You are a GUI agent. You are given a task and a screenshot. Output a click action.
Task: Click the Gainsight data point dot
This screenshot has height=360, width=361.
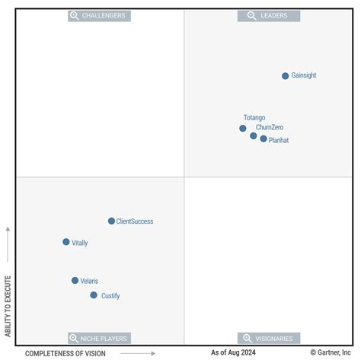click(286, 76)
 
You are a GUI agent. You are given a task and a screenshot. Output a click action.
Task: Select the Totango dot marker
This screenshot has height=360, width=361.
click(243, 128)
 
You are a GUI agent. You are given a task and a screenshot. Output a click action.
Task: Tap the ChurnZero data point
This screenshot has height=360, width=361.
click(254, 135)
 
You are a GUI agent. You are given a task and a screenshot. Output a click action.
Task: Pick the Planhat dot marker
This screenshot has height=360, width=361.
click(264, 139)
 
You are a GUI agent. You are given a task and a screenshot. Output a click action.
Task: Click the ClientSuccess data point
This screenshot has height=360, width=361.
click(111, 221)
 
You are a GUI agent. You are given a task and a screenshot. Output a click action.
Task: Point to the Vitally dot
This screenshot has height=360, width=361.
click(66, 242)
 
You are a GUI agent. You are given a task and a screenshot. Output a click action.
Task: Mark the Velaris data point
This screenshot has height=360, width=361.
click(75, 281)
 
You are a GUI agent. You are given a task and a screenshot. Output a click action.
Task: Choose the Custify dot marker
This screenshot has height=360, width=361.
click(94, 295)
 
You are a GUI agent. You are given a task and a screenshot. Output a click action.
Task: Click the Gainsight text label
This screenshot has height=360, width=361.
click(304, 76)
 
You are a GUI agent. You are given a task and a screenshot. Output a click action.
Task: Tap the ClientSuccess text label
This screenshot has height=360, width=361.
click(135, 221)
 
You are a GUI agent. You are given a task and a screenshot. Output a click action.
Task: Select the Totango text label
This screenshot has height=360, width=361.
click(254, 118)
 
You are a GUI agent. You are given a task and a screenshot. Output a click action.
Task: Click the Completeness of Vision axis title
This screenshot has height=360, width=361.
click(65, 353)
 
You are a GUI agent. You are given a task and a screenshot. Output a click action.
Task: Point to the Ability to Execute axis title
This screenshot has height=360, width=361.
click(8, 306)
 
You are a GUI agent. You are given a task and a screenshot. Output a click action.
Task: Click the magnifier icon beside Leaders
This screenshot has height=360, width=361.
click(251, 15)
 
